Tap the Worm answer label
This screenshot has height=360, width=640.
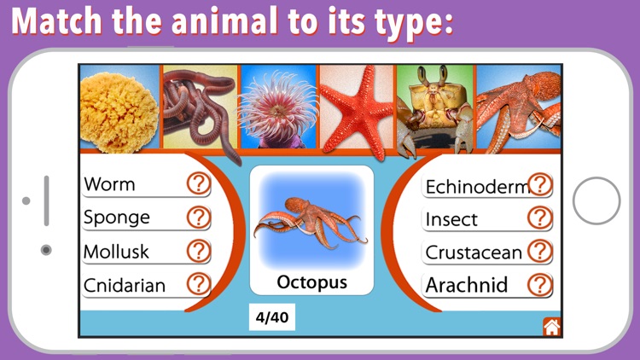110,184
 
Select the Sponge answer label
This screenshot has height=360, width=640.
117,218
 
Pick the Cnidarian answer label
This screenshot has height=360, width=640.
125,285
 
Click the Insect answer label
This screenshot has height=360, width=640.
452,219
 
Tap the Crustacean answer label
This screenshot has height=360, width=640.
474,253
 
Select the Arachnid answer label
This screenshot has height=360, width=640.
467,285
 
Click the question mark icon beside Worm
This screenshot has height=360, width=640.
198,183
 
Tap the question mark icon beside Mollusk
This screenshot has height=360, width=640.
198,251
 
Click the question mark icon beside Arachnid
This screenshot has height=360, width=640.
539,284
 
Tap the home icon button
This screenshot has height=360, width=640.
551,326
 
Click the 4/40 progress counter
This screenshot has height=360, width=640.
272,318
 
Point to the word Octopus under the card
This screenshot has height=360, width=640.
311,282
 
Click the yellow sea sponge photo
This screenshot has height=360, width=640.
119,107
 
